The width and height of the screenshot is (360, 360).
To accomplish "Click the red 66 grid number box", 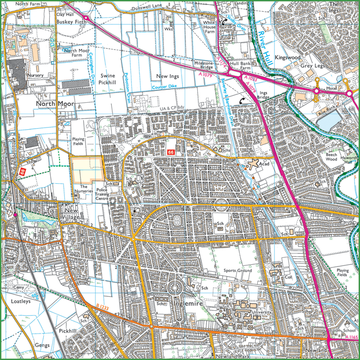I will coord(171,154).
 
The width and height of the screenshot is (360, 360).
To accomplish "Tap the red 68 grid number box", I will coord(23,171).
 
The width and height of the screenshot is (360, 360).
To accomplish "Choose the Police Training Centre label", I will coord(102,195).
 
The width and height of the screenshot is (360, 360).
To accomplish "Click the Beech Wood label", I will coord(330,157).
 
